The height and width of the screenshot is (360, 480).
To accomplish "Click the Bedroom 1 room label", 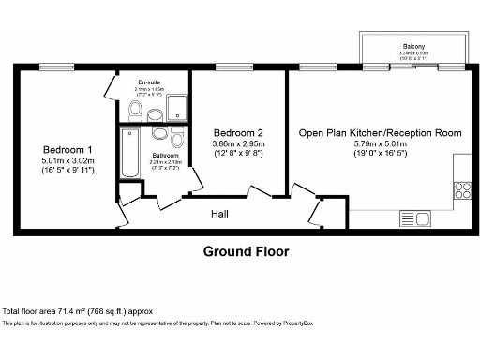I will coord(67,150).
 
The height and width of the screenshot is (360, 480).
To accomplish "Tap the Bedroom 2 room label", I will coord(238,132).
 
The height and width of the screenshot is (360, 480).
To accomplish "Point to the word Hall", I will coord(219,214).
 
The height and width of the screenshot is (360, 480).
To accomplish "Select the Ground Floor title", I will coord(247,251).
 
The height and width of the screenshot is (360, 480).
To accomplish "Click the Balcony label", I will coord(413,45).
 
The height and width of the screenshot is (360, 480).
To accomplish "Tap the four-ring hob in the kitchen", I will coord(461,188).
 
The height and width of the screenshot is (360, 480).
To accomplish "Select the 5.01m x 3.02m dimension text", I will coord(67,161).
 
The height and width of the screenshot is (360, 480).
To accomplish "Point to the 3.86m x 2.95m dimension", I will coord(238,143).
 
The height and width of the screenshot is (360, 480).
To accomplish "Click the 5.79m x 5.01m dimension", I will coord(380,145).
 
